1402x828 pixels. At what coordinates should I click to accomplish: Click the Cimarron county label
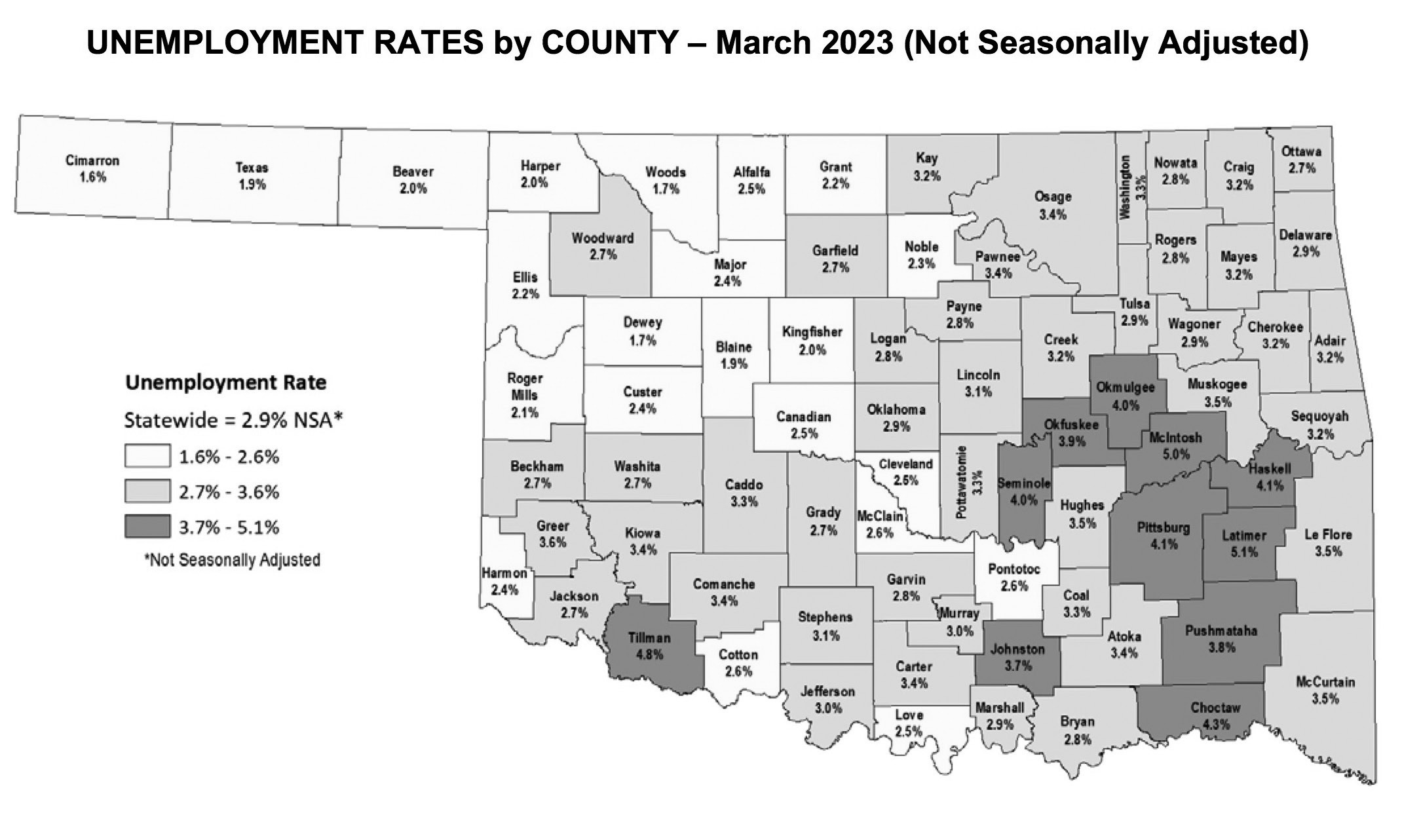tap(92, 161)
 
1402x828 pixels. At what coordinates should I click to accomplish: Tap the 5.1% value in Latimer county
tap(1243, 552)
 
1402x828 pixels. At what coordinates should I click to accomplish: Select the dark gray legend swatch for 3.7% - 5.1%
tap(147, 527)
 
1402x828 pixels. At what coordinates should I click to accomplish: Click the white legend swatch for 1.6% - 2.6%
tap(147, 457)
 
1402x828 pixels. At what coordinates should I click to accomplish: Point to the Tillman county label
tap(649, 637)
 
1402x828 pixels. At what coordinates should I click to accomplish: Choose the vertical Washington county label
tap(1126, 178)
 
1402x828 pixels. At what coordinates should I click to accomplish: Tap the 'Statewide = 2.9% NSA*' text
tap(234, 420)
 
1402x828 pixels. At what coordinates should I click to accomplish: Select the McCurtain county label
tap(1325, 682)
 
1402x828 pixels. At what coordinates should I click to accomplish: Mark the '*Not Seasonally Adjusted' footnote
tap(232, 560)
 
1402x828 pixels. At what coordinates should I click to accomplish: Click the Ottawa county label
tap(1301, 152)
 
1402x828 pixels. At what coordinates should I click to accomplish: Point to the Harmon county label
tap(504, 573)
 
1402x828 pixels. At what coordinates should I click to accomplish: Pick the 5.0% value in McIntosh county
tap(1175, 453)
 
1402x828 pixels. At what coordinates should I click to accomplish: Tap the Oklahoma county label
tap(896, 410)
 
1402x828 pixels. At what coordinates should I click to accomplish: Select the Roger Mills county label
tap(525, 386)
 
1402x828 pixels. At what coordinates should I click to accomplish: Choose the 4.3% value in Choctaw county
tap(1217, 724)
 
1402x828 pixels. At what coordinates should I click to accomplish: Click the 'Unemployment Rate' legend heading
tap(225, 383)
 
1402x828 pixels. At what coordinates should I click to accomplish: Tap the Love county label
tap(909, 715)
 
